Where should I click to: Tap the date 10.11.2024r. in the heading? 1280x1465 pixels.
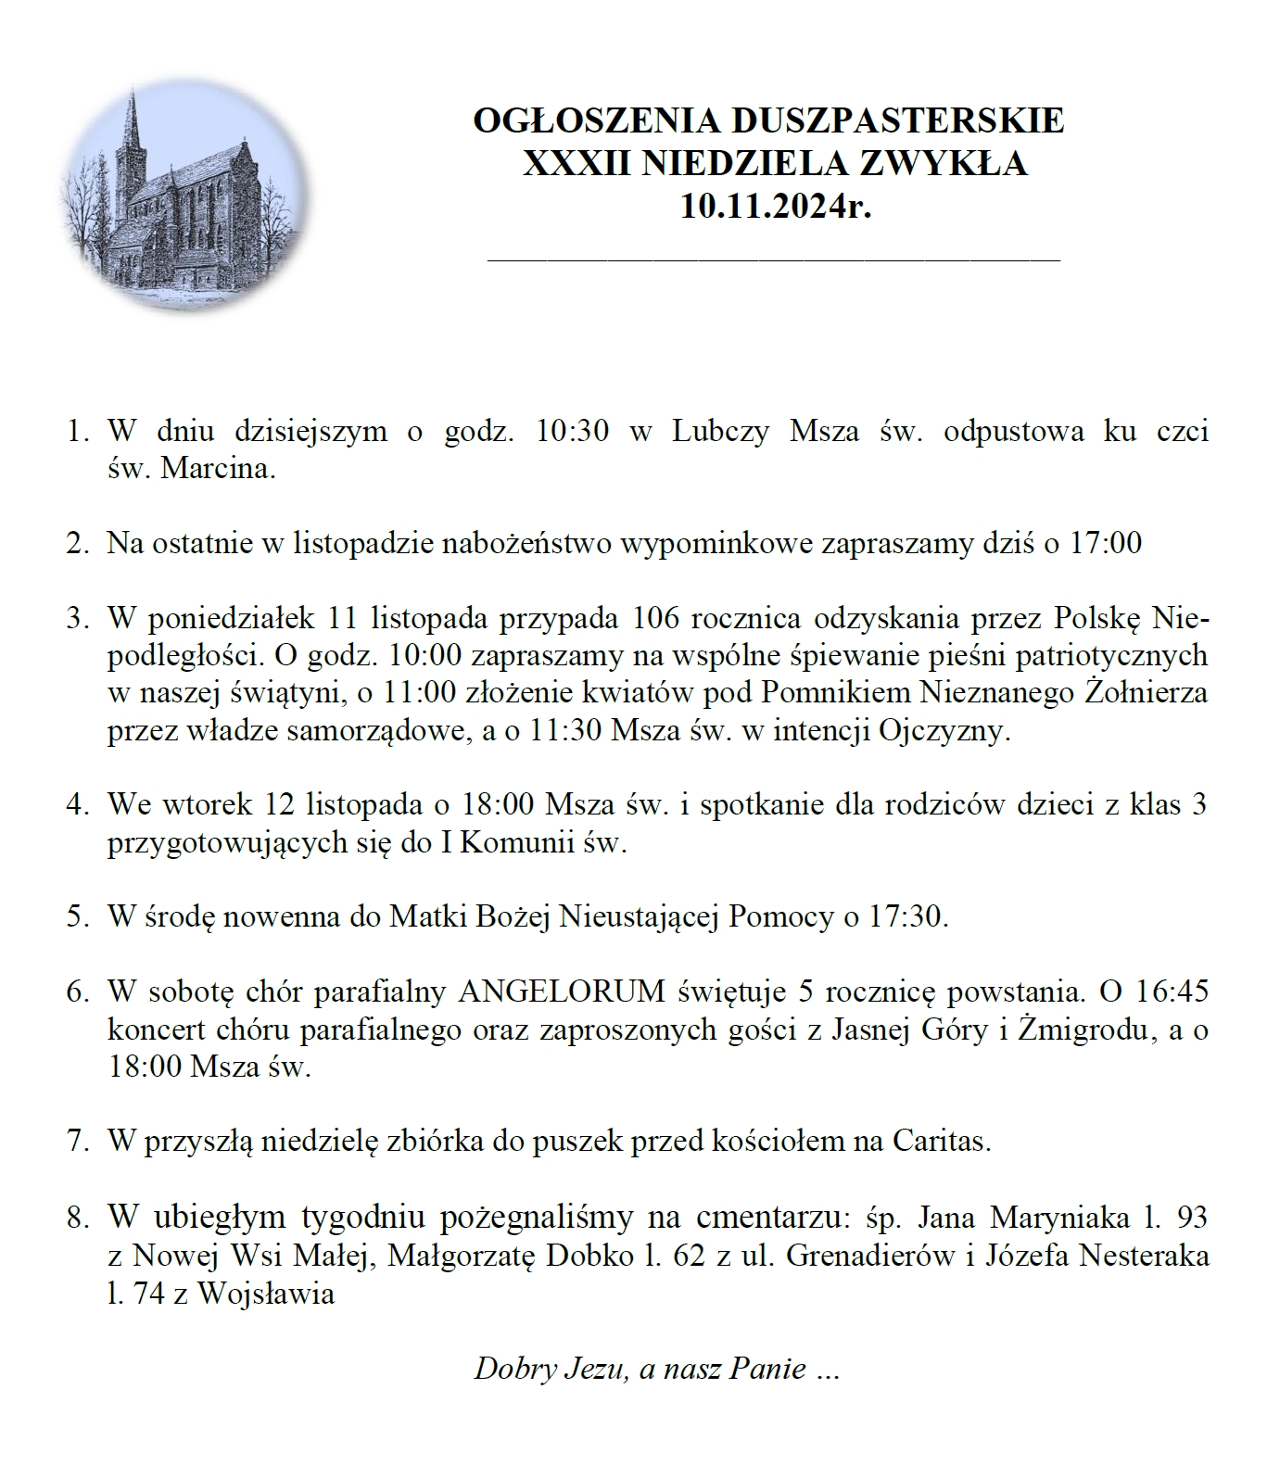776,205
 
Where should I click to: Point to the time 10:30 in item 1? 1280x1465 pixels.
573,432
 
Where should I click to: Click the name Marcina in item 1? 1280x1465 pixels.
218,469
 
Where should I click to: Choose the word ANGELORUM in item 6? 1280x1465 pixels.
563,991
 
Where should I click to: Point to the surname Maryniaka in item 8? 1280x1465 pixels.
1064,1217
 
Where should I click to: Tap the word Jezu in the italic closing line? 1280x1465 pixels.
595,1369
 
